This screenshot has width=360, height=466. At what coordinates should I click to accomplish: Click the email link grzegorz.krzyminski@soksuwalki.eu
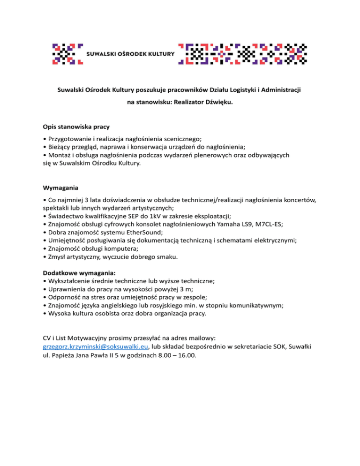tap(96, 347)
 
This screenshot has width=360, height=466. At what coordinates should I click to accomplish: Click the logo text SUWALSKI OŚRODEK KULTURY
tap(131, 53)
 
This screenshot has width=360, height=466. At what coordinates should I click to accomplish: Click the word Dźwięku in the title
tap(217, 101)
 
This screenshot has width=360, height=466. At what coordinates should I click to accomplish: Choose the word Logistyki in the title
tap(228, 88)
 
